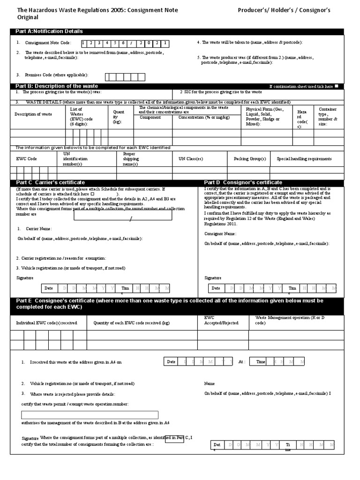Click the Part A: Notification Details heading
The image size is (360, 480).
[x=49, y=31]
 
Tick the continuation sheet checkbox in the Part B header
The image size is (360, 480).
[x=337, y=86]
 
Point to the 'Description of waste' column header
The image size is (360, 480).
[x=33, y=114]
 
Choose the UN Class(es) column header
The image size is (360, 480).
[x=191, y=159]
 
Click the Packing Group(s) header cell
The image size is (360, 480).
[x=250, y=159]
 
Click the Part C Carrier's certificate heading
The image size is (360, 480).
[x=50, y=182]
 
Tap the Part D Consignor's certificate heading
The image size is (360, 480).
[x=243, y=182]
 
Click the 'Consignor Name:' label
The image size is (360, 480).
[x=220, y=233]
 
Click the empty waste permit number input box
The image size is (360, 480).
[x=90, y=415]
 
